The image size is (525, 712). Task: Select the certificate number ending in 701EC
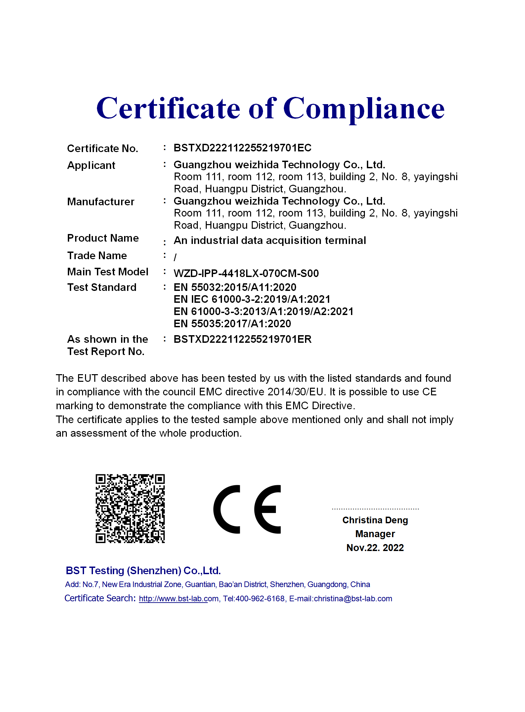click(242, 148)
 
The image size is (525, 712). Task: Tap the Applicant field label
click(91, 165)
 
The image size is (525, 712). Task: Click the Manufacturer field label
click(101, 202)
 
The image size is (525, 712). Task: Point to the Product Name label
click(103, 238)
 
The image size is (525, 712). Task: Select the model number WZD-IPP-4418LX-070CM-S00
click(246, 273)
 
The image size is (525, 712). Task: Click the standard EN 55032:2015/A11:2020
click(235, 287)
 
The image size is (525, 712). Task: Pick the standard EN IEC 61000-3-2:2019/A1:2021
click(252, 299)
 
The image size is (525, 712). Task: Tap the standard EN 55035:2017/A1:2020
click(232, 324)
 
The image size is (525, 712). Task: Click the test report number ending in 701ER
click(242, 339)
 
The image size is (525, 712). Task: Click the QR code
click(130, 508)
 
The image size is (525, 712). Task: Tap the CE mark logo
click(247, 509)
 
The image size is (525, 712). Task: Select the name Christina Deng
click(375, 520)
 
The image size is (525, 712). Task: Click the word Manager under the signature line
click(375, 534)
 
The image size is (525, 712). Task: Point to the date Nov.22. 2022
click(375, 548)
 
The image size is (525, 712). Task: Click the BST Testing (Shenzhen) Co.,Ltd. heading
click(143, 571)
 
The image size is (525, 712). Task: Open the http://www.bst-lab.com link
click(179, 599)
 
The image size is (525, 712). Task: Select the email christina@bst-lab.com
click(353, 599)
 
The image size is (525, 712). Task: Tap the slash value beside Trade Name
click(175, 257)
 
